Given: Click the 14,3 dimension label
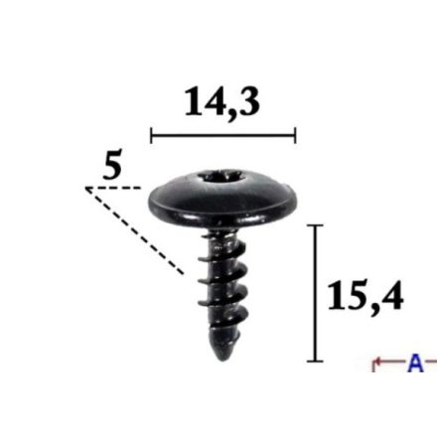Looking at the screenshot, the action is [x=222, y=102].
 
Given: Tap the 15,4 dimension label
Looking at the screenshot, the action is [x=365, y=296].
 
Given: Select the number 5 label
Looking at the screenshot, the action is [x=112, y=164].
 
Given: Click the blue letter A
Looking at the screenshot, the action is [x=415, y=363].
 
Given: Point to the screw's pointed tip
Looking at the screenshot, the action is [x=221, y=359].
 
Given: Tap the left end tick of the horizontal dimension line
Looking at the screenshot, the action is [x=151, y=135].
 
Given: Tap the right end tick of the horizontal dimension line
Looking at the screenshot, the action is [x=295, y=135].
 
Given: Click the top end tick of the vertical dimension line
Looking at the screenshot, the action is [x=315, y=225].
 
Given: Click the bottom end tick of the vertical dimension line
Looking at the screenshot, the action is [x=315, y=362].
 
